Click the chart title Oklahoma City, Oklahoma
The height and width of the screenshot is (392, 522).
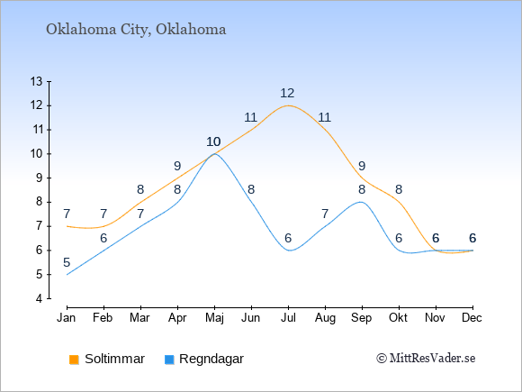pos(136,30)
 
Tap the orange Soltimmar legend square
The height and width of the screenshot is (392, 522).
pos(74,360)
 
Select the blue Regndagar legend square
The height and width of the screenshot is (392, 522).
pos(169,360)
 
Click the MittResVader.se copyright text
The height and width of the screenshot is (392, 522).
pos(426,359)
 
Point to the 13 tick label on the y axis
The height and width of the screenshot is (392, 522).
pos(36,81)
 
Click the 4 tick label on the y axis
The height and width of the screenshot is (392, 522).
pos(40,298)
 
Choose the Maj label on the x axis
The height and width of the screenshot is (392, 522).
pos(214,318)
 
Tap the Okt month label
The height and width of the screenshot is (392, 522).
pos(398,318)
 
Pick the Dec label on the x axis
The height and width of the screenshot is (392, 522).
pos(472,318)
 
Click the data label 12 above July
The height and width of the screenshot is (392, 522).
pos(287,93)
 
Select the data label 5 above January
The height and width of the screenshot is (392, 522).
pos(67,262)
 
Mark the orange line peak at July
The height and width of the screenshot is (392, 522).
pos(288,105)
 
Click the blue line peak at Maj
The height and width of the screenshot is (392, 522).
pos(213,154)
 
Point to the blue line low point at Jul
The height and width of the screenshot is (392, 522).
pos(289,251)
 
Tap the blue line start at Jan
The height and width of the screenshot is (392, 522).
pos(67,274)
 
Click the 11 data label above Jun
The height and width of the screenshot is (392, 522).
pos(250,117)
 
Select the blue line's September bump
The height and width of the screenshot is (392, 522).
pos(361,202)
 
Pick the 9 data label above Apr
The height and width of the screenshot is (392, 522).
pos(177,166)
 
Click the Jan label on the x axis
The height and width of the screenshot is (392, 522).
pos(66,318)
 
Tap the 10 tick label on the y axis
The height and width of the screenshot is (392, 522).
pos(36,154)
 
